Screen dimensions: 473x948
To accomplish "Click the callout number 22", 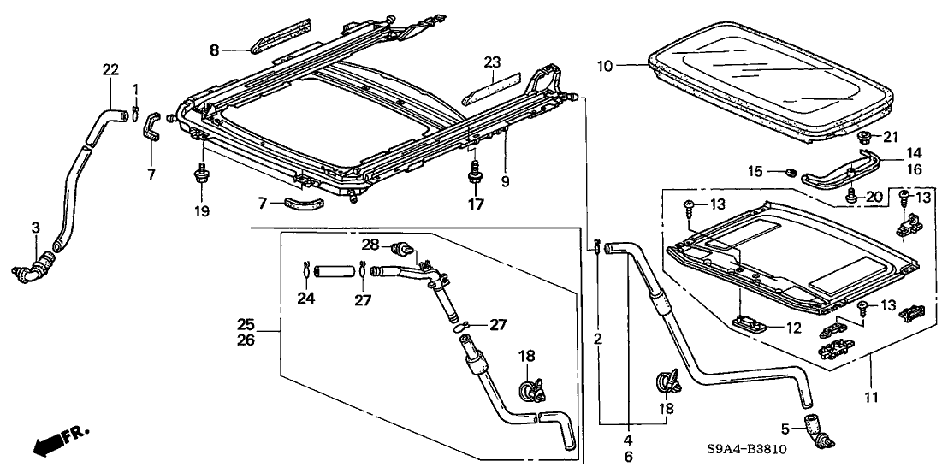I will point(110,70).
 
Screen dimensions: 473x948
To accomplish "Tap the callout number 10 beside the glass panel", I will point(630,64).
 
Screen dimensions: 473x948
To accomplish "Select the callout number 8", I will point(215,50).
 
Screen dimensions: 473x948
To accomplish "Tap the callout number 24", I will point(305,299).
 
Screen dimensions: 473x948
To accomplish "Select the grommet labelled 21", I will point(864,137).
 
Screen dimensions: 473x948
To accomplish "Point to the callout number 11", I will point(870,397).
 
